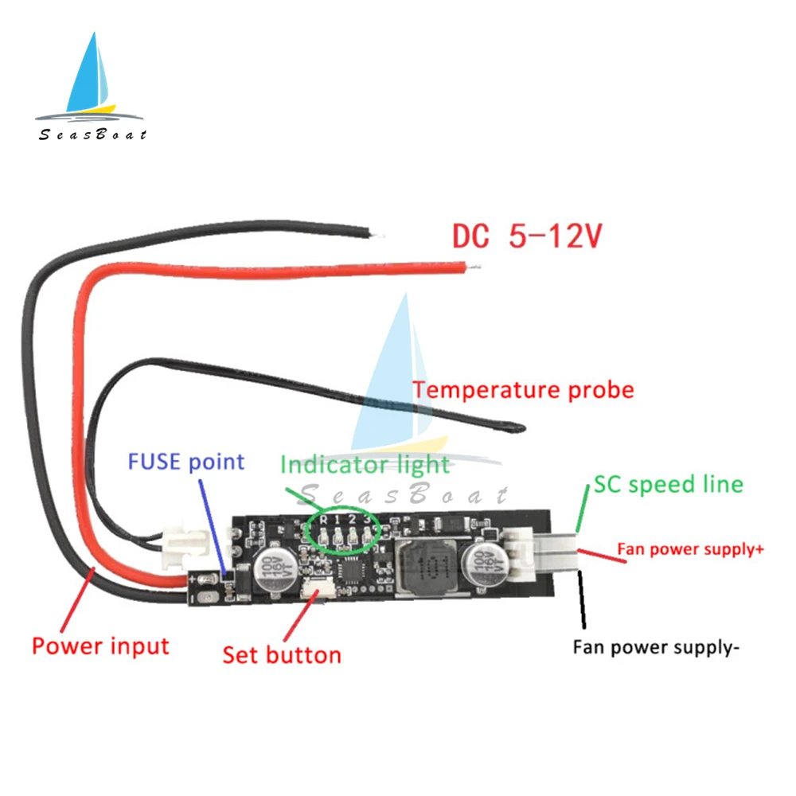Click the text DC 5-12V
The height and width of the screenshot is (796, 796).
point(527,237)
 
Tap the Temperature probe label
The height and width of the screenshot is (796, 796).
point(523,390)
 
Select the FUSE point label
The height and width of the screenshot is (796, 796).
point(186,462)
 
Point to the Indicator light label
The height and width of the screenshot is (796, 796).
point(365,464)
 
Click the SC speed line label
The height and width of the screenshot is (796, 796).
point(668,484)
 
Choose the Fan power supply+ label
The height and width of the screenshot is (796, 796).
point(690,548)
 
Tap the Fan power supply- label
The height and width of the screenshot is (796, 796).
point(656,646)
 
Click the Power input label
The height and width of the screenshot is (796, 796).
point(100,645)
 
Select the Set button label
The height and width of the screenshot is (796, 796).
point(282,654)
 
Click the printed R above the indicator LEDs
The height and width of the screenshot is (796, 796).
point(323,519)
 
